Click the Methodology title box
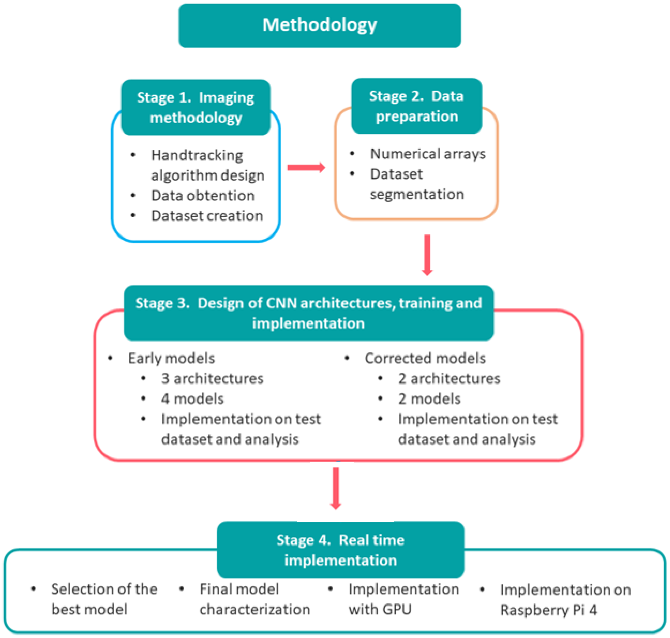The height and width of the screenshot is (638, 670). tap(320, 25)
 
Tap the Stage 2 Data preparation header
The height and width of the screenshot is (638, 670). tap(416, 106)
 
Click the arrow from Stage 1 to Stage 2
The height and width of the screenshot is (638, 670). tap(306, 167)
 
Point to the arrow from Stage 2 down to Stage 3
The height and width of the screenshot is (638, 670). tap(427, 254)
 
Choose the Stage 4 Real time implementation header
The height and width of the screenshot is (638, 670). tap(340, 550)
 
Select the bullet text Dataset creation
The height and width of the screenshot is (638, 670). tap(207, 216)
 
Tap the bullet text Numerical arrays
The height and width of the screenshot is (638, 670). tap(428, 154)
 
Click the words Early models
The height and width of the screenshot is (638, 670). tap(171, 358)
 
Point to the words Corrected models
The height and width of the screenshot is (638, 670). tap(425, 358)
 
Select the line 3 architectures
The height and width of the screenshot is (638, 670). tap(212, 379)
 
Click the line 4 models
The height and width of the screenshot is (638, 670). tap(192, 399)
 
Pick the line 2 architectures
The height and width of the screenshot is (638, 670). tap(449, 379)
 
